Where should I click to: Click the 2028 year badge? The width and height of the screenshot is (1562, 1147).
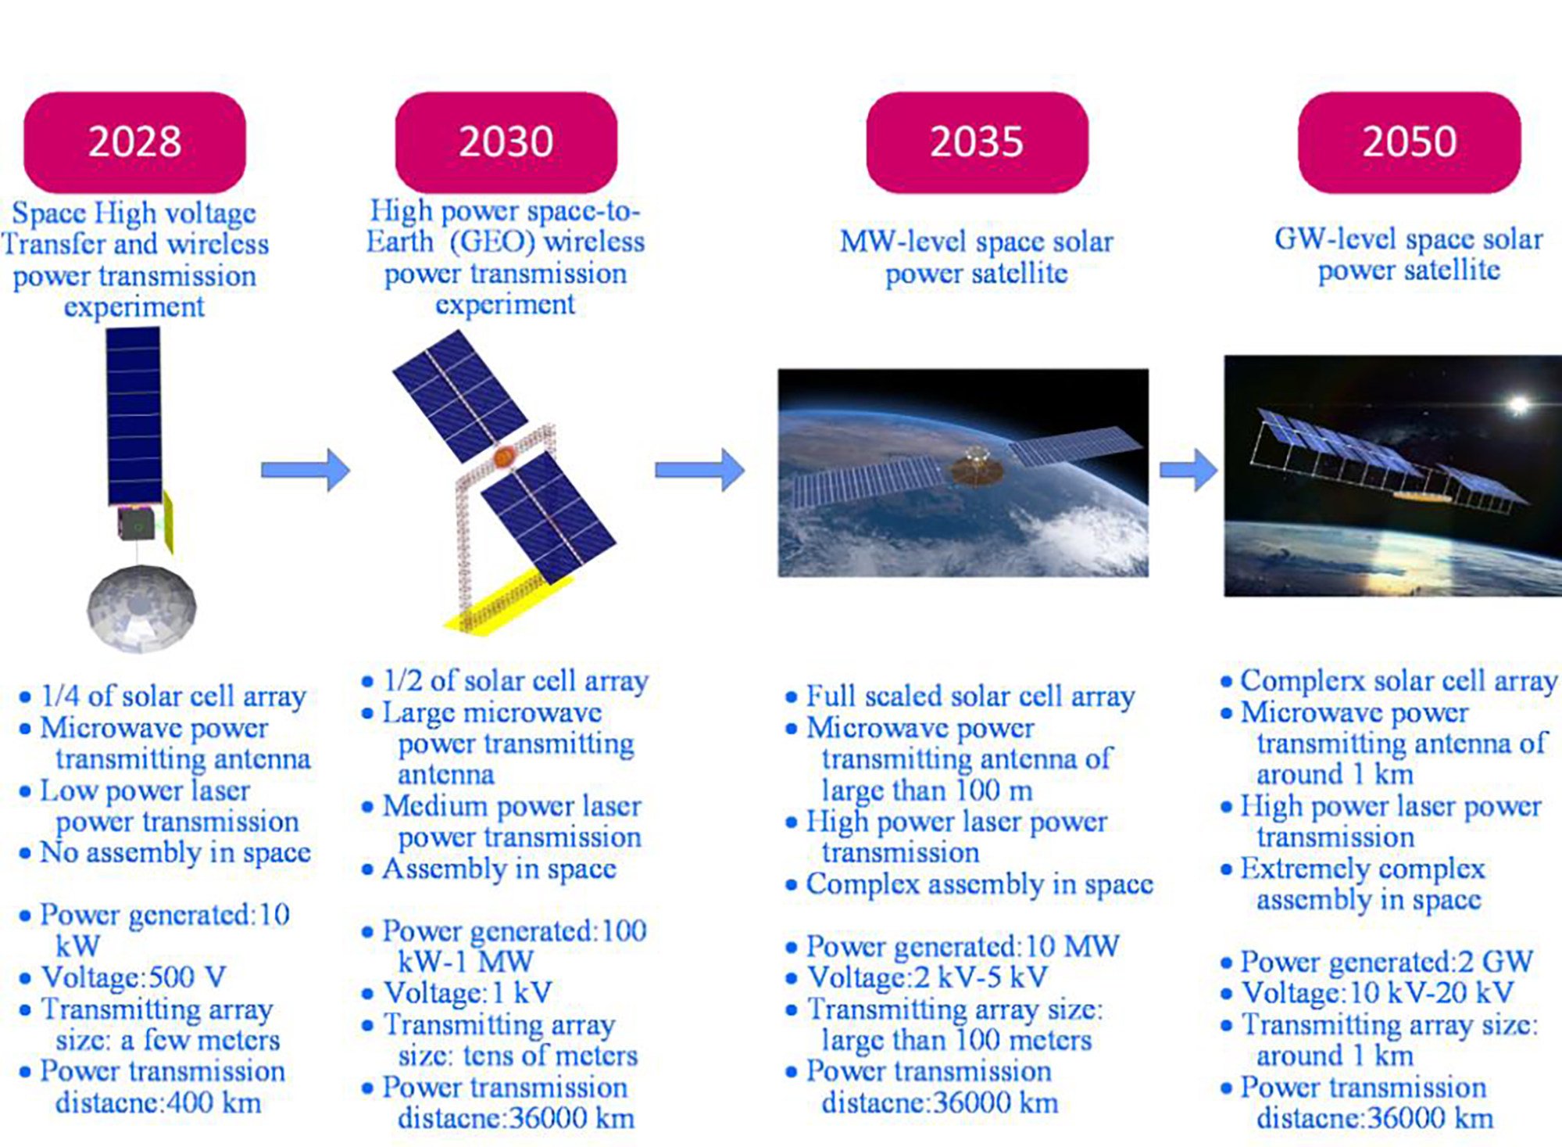pos(134,142)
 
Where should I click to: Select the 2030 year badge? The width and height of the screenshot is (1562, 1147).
pos(506,142)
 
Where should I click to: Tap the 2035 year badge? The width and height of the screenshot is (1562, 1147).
pos(977,142)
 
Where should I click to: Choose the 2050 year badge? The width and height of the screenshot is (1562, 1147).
pos(1409,142)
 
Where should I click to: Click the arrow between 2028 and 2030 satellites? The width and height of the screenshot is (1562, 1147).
pos(306,470)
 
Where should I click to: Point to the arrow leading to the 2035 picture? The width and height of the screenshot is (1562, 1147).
pos(700,470)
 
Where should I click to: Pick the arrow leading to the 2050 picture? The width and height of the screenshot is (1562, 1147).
pos(1188,470)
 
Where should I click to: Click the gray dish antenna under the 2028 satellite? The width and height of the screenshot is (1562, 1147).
pos(141,607)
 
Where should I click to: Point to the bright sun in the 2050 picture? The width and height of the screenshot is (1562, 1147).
pos(1518,404)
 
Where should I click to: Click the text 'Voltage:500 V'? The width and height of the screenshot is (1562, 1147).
pos(134,977)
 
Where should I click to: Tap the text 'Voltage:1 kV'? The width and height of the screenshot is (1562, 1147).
pos(467,993)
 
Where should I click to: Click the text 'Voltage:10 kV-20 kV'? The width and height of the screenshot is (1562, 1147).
pos(1378,993)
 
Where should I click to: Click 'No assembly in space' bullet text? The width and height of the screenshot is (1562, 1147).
pos(176,853)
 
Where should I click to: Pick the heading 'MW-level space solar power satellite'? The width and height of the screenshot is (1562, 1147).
pos(977,257)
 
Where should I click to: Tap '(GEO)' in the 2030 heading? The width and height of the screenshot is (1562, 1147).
pos(492,242)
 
